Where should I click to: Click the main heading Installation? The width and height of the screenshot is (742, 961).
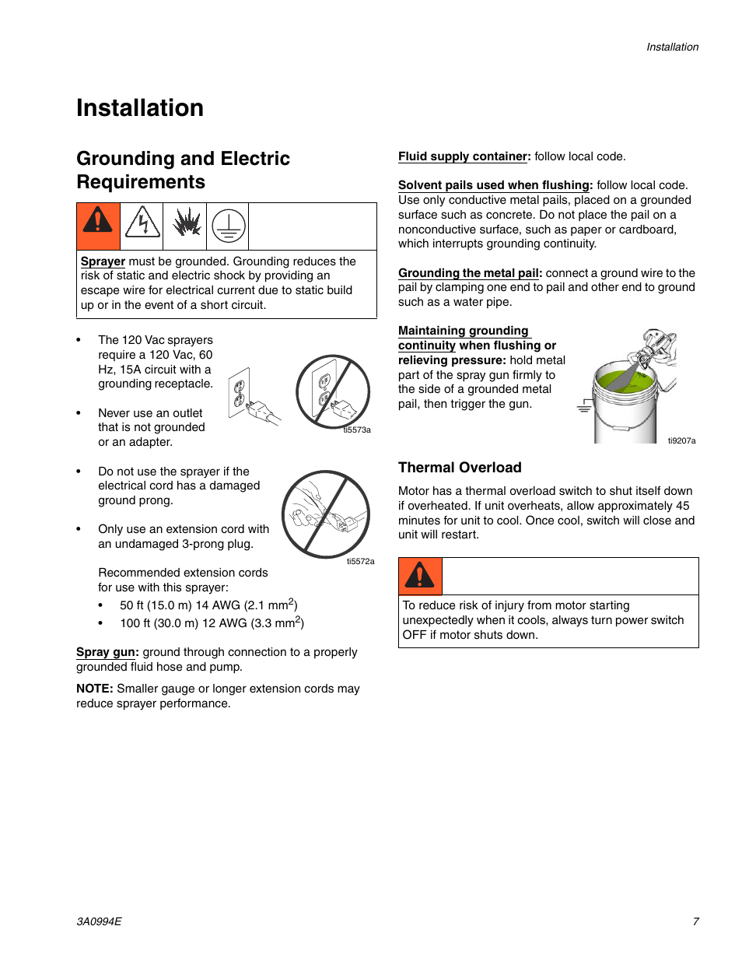[140, 108]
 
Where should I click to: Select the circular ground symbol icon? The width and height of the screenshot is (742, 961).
[228, 225]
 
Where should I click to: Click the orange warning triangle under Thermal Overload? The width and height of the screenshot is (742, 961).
[420, 577]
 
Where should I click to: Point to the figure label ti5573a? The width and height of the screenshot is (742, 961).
[357, 430]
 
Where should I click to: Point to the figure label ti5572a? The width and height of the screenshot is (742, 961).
[360, 561]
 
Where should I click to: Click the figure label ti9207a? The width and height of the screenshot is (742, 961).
[681, 440]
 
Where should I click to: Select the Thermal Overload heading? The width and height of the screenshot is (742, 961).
[460, 468]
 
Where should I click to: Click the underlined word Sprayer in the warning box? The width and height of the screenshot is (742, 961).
[103, 261]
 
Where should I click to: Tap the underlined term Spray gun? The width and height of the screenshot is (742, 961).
[107, 652]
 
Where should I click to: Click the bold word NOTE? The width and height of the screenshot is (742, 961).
[94, 689]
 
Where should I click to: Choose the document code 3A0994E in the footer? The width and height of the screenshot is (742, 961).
[99, 921]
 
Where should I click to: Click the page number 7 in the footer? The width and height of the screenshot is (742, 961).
[695, 921]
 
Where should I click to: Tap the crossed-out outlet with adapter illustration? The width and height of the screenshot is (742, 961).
[333, 391]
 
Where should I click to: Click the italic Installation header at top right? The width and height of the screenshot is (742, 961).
[672, 47]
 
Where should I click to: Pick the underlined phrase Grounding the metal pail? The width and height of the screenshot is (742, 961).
[469, 273]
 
